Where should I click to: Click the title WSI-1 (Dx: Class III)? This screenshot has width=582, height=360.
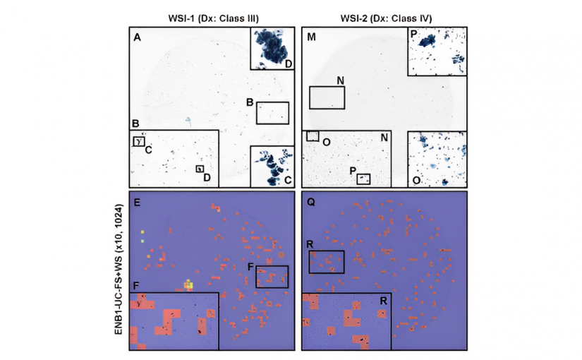[x=213, y=18]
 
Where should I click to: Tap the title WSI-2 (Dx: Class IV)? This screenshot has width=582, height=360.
[x=386, y=18]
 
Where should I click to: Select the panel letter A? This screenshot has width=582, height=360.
[x=137, y=37]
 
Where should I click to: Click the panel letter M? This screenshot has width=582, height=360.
[x=311, y=37]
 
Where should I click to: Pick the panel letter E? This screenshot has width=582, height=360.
[x=137, y=203]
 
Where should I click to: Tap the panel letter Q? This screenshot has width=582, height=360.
[x=311, y=202]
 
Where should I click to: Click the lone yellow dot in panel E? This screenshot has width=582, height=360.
[x=143, y=232]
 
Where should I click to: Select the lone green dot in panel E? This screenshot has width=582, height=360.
[x=143, y=241]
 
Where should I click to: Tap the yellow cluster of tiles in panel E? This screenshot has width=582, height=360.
[x=189, y=284]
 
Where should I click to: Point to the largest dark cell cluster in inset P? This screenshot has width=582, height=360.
[x=427, y=41]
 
